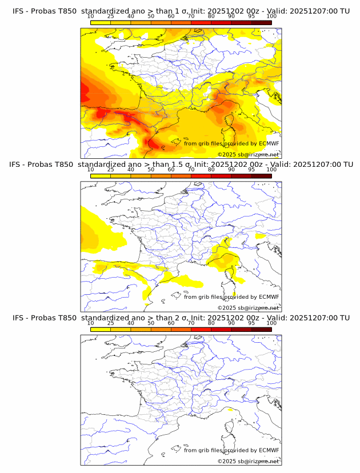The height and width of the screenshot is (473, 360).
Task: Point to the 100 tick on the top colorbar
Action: (271, 17)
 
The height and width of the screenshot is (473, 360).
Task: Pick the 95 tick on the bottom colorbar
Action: (251, 323)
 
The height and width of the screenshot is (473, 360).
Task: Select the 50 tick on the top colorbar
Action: (151, 17)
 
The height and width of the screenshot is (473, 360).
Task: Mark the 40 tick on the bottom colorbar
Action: (131, 323)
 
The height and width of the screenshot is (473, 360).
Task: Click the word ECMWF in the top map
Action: (269, 143)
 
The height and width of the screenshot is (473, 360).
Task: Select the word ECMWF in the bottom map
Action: (269, 450)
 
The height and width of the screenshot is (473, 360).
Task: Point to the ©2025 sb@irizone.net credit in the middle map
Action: (249, 307)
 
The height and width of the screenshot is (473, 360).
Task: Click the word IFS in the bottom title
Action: (18, 318)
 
